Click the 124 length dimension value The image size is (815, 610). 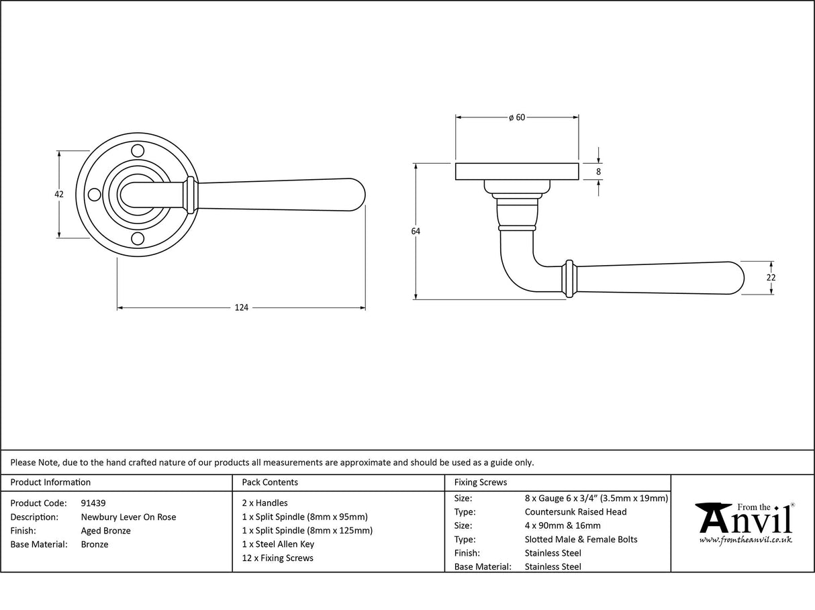click(x=241, y=307)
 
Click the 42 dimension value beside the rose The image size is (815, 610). click(x=59, y=194)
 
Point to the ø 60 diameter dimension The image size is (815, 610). click(x=516, y=117)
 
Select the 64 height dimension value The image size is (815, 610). click(x=416, y=231)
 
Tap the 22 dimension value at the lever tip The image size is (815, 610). click(x=771, y=277)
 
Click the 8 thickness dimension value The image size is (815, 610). click(x=598, y=172)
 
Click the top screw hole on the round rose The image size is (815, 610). click(x=138, y=150)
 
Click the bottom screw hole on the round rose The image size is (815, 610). click(x=138, y=238)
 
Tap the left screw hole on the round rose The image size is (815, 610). click(x=94, y=195)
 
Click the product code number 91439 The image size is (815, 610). click(x=93, y=503)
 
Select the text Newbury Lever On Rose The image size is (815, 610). click(x=128, y=517)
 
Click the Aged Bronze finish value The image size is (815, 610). click(x=105, y=530)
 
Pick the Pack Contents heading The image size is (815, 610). click(x=270, y=482)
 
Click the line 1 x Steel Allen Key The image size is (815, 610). click(x=278, y=544)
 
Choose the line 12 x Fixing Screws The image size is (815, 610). click(x=277, y=558)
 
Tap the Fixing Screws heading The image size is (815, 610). click(x=481, y=482)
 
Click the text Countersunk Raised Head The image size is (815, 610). click(x=575, y=511)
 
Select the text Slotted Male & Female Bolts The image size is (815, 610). click(x=581, y=539)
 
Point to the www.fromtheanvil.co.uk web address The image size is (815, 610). click(x=745, y=540)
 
